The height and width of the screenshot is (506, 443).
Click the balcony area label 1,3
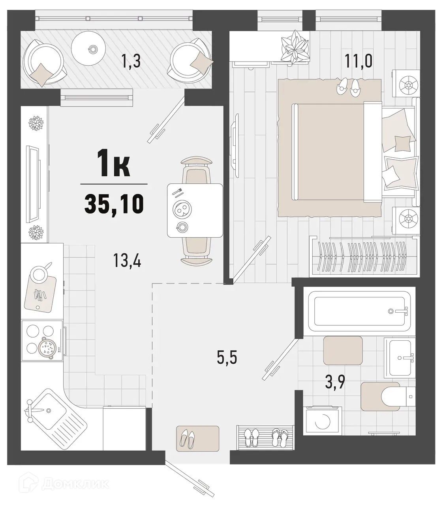click(131, 62)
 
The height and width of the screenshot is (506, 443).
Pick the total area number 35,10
click(114, 204)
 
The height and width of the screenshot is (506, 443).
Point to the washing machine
click(321, 421)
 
